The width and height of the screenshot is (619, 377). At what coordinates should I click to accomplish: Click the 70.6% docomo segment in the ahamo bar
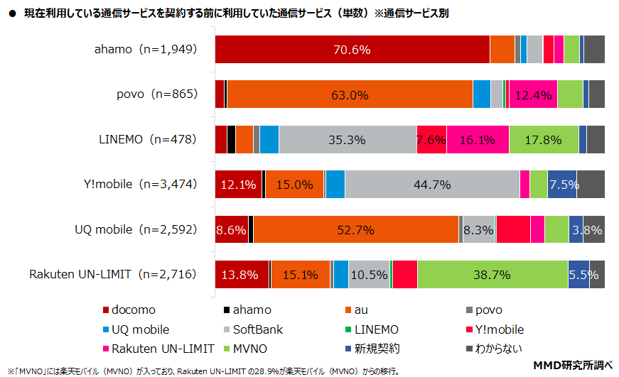point(352,50)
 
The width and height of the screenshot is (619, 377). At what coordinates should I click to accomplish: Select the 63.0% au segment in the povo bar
point(350,94)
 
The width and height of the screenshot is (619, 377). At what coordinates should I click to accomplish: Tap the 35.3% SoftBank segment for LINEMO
point(348,139)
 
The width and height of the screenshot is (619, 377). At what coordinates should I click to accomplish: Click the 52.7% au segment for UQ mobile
point(356,229)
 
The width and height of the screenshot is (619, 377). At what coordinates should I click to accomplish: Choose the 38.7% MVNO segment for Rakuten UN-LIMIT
point(492,275)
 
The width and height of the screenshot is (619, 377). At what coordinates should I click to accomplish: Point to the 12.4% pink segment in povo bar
point(533,94)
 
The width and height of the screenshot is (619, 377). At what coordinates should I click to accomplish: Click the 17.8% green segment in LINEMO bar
point(544,139)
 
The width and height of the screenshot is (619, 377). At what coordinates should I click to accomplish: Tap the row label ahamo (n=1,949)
point(145,50)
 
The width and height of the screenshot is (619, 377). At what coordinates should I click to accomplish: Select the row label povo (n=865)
point(156,94)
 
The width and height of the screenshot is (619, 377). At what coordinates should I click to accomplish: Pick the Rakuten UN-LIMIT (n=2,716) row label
point(112,275)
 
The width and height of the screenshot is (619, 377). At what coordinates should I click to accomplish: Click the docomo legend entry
point(129,310)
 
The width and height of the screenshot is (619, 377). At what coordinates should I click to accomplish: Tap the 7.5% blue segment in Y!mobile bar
point(562,185)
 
